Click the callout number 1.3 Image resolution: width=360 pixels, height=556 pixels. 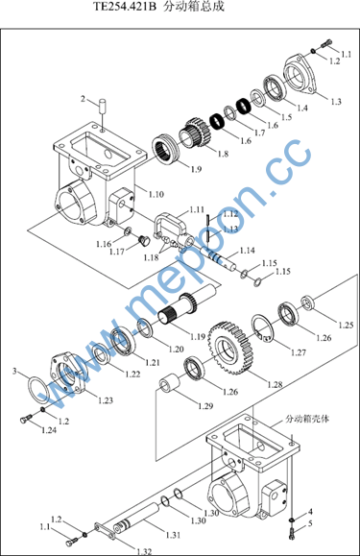[x=336, y=102]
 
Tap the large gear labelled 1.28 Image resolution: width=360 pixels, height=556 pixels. [x=228, y=349]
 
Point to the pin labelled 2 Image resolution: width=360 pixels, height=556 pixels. [x=103, y=106]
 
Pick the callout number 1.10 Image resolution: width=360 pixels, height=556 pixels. [x=156, y=194]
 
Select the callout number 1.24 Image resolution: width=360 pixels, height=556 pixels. [x=49, y=430]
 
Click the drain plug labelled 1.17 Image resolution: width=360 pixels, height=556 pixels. [x=143, y=240]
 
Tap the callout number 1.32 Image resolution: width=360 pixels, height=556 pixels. [x=144, y=551]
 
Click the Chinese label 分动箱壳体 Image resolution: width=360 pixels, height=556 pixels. [x=307, y=419]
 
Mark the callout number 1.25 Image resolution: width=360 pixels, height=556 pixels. [x=346, y=325]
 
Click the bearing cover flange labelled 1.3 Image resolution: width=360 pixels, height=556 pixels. [x=300, y=74]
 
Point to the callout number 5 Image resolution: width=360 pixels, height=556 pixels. [x=310, y=523]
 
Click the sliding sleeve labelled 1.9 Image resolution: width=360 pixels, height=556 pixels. [x=166, y=149]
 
